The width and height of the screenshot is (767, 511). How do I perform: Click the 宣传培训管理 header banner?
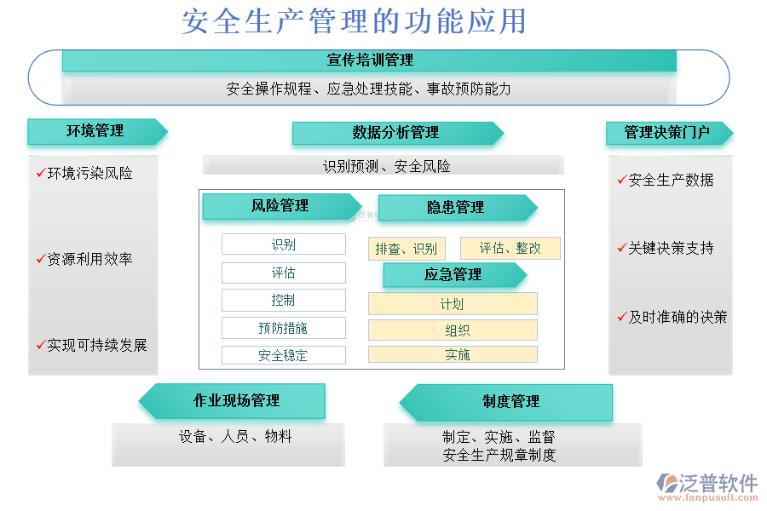369,60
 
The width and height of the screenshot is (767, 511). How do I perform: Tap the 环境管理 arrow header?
97,131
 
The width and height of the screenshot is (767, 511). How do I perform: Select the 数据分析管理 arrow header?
398,133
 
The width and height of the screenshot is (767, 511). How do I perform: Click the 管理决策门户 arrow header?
669,133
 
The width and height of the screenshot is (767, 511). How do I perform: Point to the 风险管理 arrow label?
282,206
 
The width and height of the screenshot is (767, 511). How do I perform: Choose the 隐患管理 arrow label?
458,207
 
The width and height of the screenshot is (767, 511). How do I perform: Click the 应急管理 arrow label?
455,275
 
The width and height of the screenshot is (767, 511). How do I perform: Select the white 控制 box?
284,301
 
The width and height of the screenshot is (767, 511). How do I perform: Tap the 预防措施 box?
284,328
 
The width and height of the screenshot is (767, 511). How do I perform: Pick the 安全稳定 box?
284,355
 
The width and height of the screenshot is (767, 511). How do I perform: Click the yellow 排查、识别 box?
407,249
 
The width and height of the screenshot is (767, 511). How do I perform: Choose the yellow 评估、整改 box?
510,249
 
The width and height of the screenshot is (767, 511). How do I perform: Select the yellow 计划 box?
453,304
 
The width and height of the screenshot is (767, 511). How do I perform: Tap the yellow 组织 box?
453,330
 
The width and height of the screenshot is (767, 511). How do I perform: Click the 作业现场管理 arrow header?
232,401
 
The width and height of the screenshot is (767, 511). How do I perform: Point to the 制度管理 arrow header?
505,403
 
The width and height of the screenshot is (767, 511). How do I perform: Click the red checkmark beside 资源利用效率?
41,258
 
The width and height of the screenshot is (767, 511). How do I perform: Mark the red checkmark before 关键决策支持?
622,248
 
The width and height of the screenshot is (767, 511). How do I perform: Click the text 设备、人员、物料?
235,436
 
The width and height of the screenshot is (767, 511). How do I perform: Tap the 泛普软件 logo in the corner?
707,487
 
